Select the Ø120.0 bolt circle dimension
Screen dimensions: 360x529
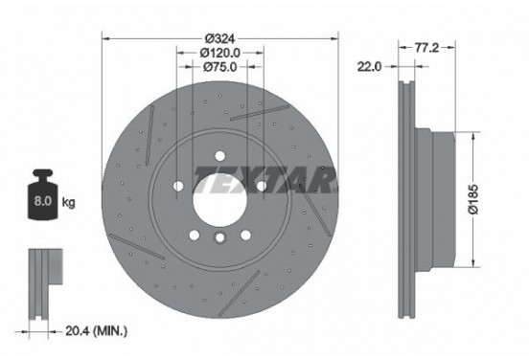pos(220,54)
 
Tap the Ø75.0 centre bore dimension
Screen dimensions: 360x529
pos(220,68)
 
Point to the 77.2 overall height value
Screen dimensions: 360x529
pos(426,44)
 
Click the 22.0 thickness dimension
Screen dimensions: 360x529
pos(369,66)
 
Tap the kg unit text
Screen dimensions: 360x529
pos(69,203)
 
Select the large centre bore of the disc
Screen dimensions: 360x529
pos(219,196)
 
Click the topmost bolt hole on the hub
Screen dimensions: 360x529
pos(219,152)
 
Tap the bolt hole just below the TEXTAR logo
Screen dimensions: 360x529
pos(262,184)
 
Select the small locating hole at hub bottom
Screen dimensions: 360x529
pos(219,239)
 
